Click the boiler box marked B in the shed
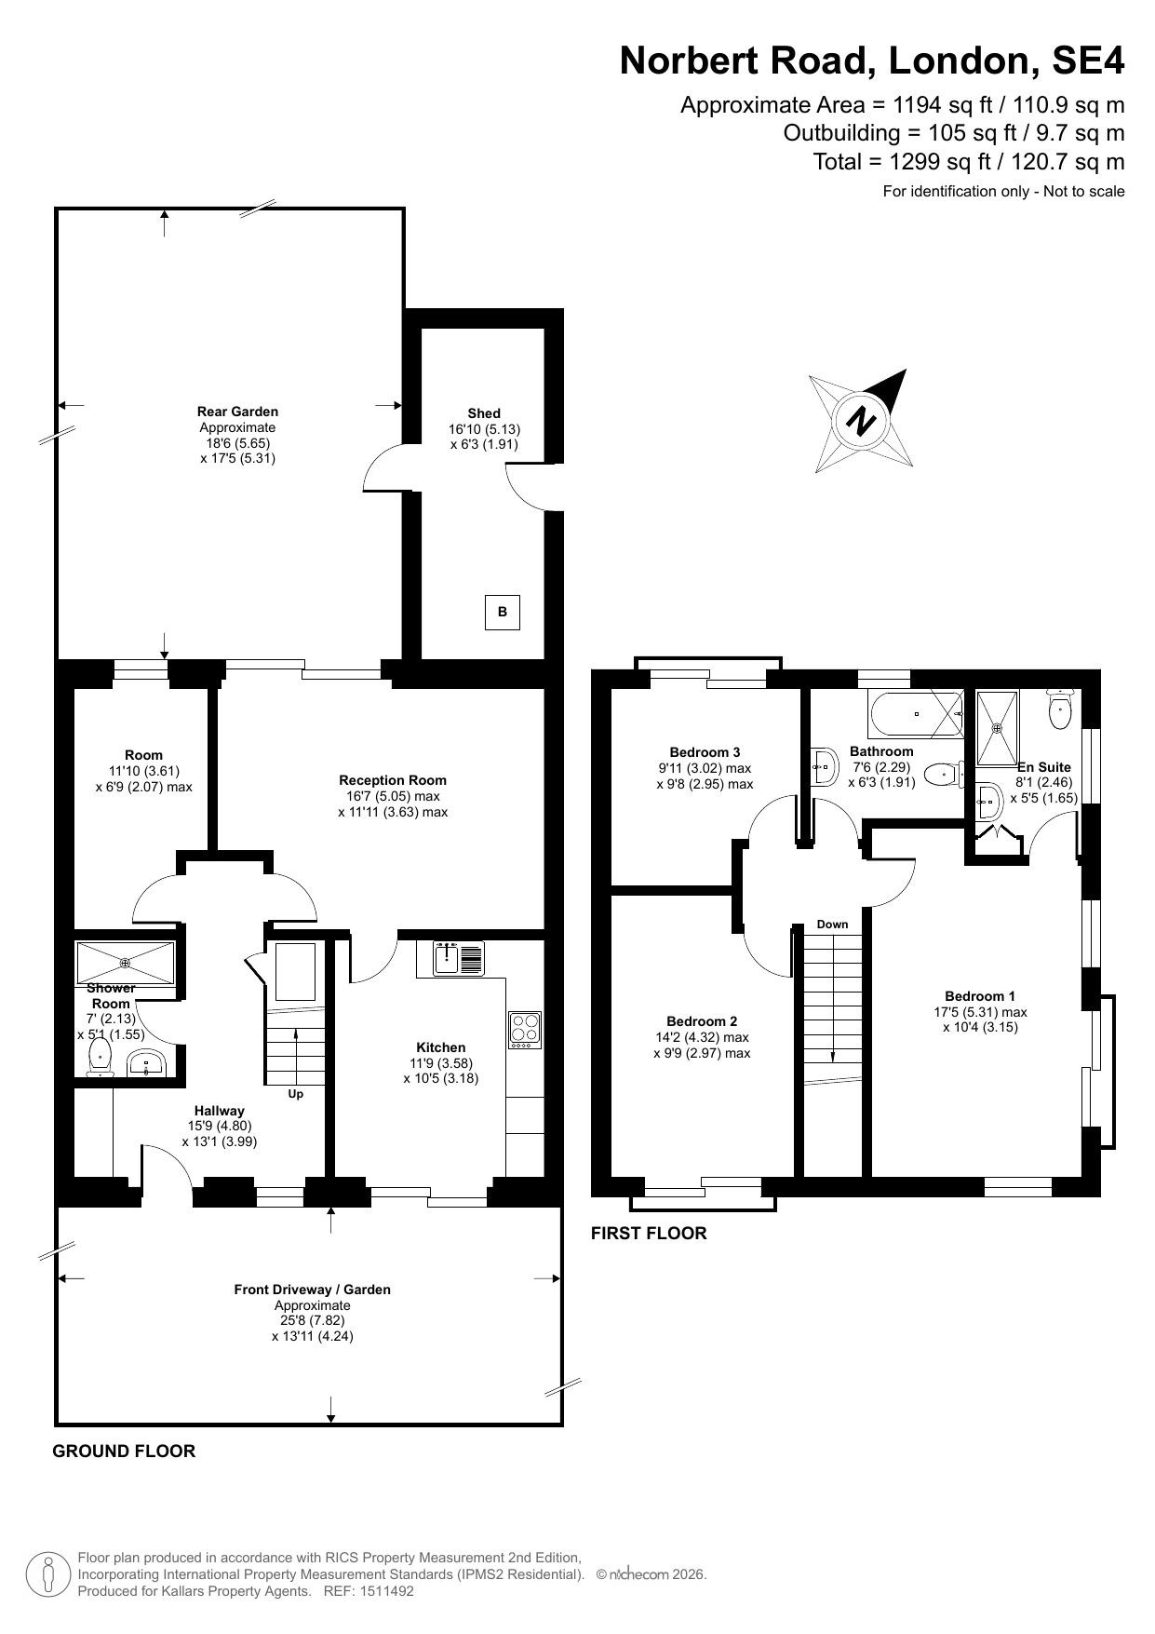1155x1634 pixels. [503, 613]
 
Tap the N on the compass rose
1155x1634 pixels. [862, 421]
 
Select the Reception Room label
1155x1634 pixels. [393, 780]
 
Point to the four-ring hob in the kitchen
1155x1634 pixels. [525, 1030]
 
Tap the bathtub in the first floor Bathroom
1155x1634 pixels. [917, 713]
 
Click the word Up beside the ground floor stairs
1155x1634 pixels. [295, 1094]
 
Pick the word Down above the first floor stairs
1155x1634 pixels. [833, 925]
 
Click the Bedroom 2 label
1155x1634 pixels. [702, 1021]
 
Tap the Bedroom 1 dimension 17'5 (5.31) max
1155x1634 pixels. [980, 1012]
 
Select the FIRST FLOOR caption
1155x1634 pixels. [649, 1234]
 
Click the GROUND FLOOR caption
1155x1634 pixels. [124, 1452]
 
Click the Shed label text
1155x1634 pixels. [484, 413]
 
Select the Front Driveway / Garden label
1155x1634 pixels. [313, 1290]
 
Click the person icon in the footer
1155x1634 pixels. [47, 1574]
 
